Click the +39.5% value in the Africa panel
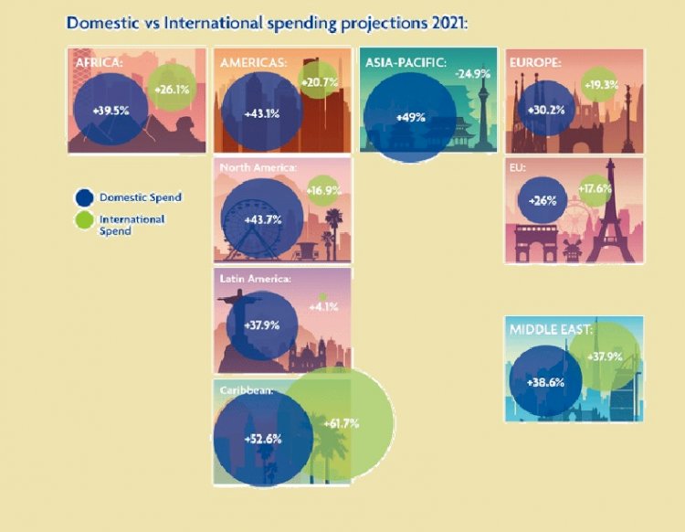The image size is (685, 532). [x=107, y=111]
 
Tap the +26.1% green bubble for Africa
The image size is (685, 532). [x=172, y=90]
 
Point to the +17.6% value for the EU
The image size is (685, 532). [x=596, y=190]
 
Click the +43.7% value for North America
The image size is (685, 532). [x=263, y=219]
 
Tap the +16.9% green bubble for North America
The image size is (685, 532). [x=327, y=192]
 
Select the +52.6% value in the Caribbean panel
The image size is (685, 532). [x=263, y=438]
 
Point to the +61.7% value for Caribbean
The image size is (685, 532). [x=340, y=423]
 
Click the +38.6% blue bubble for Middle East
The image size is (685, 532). [x=545, y=381]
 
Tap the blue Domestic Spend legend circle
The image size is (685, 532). [x=85, y=197]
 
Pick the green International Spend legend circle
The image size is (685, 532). [x=85, y=220]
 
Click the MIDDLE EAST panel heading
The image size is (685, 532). [x=551, y=329]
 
